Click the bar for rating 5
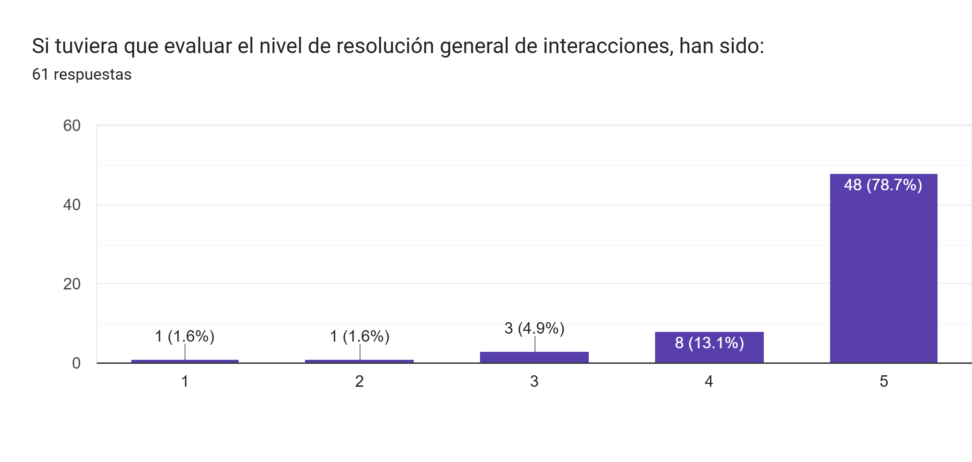(883, 274)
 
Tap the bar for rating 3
(534, 357)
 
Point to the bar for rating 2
(359, 361)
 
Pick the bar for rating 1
(185, 361)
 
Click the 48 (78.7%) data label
(883, 185)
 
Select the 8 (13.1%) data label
(709, 343)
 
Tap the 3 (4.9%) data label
(534, 328)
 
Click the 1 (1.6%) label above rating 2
(359, 336)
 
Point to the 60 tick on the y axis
(72, 126)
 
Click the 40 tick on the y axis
(72, 205)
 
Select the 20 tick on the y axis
(72, 284)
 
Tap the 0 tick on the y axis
(76, 363)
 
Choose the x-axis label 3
(534, 381)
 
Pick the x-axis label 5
(883, 381)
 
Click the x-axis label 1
(185, 381)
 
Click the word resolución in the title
(385, 46)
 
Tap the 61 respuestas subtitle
(82, 74)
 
